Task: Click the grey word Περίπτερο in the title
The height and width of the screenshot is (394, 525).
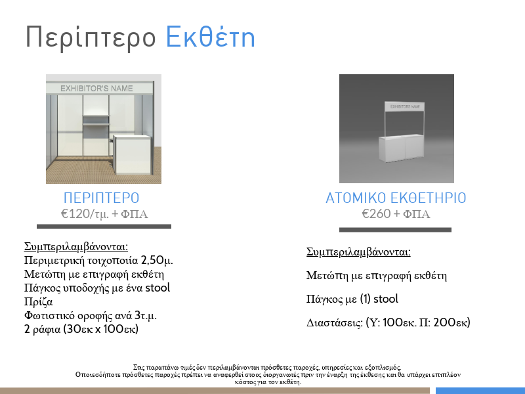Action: click(x=91, y=38)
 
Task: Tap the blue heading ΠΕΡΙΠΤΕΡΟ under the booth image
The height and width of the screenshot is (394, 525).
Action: click(x=102, y=198)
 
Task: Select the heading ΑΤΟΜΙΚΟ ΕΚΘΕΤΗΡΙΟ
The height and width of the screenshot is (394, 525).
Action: click(x=396, y=198)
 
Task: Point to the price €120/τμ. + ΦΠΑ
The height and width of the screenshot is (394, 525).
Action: click(x=104, y=214)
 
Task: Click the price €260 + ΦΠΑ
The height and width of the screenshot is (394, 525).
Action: click(x=396, y=214)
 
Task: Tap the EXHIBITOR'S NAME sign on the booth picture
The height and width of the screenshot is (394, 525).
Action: click(x=96, y=89)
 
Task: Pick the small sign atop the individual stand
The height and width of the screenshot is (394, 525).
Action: click(x=405, y=106)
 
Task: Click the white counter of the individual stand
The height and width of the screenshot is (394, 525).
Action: click(x=402, y=148)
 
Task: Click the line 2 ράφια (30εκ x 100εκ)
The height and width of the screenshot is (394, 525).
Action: click(x=81, y=329)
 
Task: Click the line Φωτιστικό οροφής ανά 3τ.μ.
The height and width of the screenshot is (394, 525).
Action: click(x=91, y=315)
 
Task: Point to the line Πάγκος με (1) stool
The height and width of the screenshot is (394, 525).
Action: click(x=352, y=299)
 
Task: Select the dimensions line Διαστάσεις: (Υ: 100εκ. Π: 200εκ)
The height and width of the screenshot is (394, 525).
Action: click(x=388, y=322)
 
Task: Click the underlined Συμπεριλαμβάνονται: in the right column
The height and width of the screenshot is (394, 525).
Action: click(x=358, y=252)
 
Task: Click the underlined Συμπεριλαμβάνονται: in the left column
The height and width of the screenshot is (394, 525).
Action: click(x=76, y=247)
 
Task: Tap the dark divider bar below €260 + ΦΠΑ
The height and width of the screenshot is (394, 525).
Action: click(x=395, y=230)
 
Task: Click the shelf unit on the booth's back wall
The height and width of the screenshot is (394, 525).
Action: click(x=96, y=126)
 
